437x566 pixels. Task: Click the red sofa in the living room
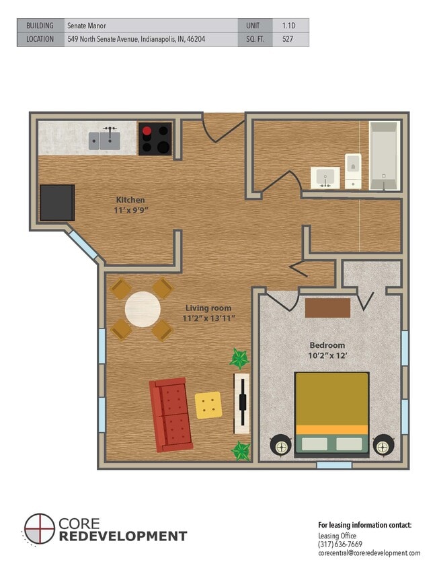(170, 414)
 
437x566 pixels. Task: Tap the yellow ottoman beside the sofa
(208, 405)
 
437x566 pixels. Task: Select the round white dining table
(143, 309)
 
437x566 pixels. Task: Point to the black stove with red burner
(155, 139)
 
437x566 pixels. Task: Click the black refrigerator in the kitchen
(57, 203)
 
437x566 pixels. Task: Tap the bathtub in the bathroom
(384, 155)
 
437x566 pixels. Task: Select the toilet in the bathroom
(353, 170)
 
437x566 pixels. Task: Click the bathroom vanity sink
(325, 178)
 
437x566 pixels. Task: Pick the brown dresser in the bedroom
(327, 308)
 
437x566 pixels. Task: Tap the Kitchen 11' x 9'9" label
(130, 205)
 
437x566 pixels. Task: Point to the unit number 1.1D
(288, 26)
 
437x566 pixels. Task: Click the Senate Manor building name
(87, 26)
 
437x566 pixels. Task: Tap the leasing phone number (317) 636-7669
(340, 544)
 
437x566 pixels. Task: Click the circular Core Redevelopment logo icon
(40, 529)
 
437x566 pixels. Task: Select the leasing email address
(369, 553)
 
